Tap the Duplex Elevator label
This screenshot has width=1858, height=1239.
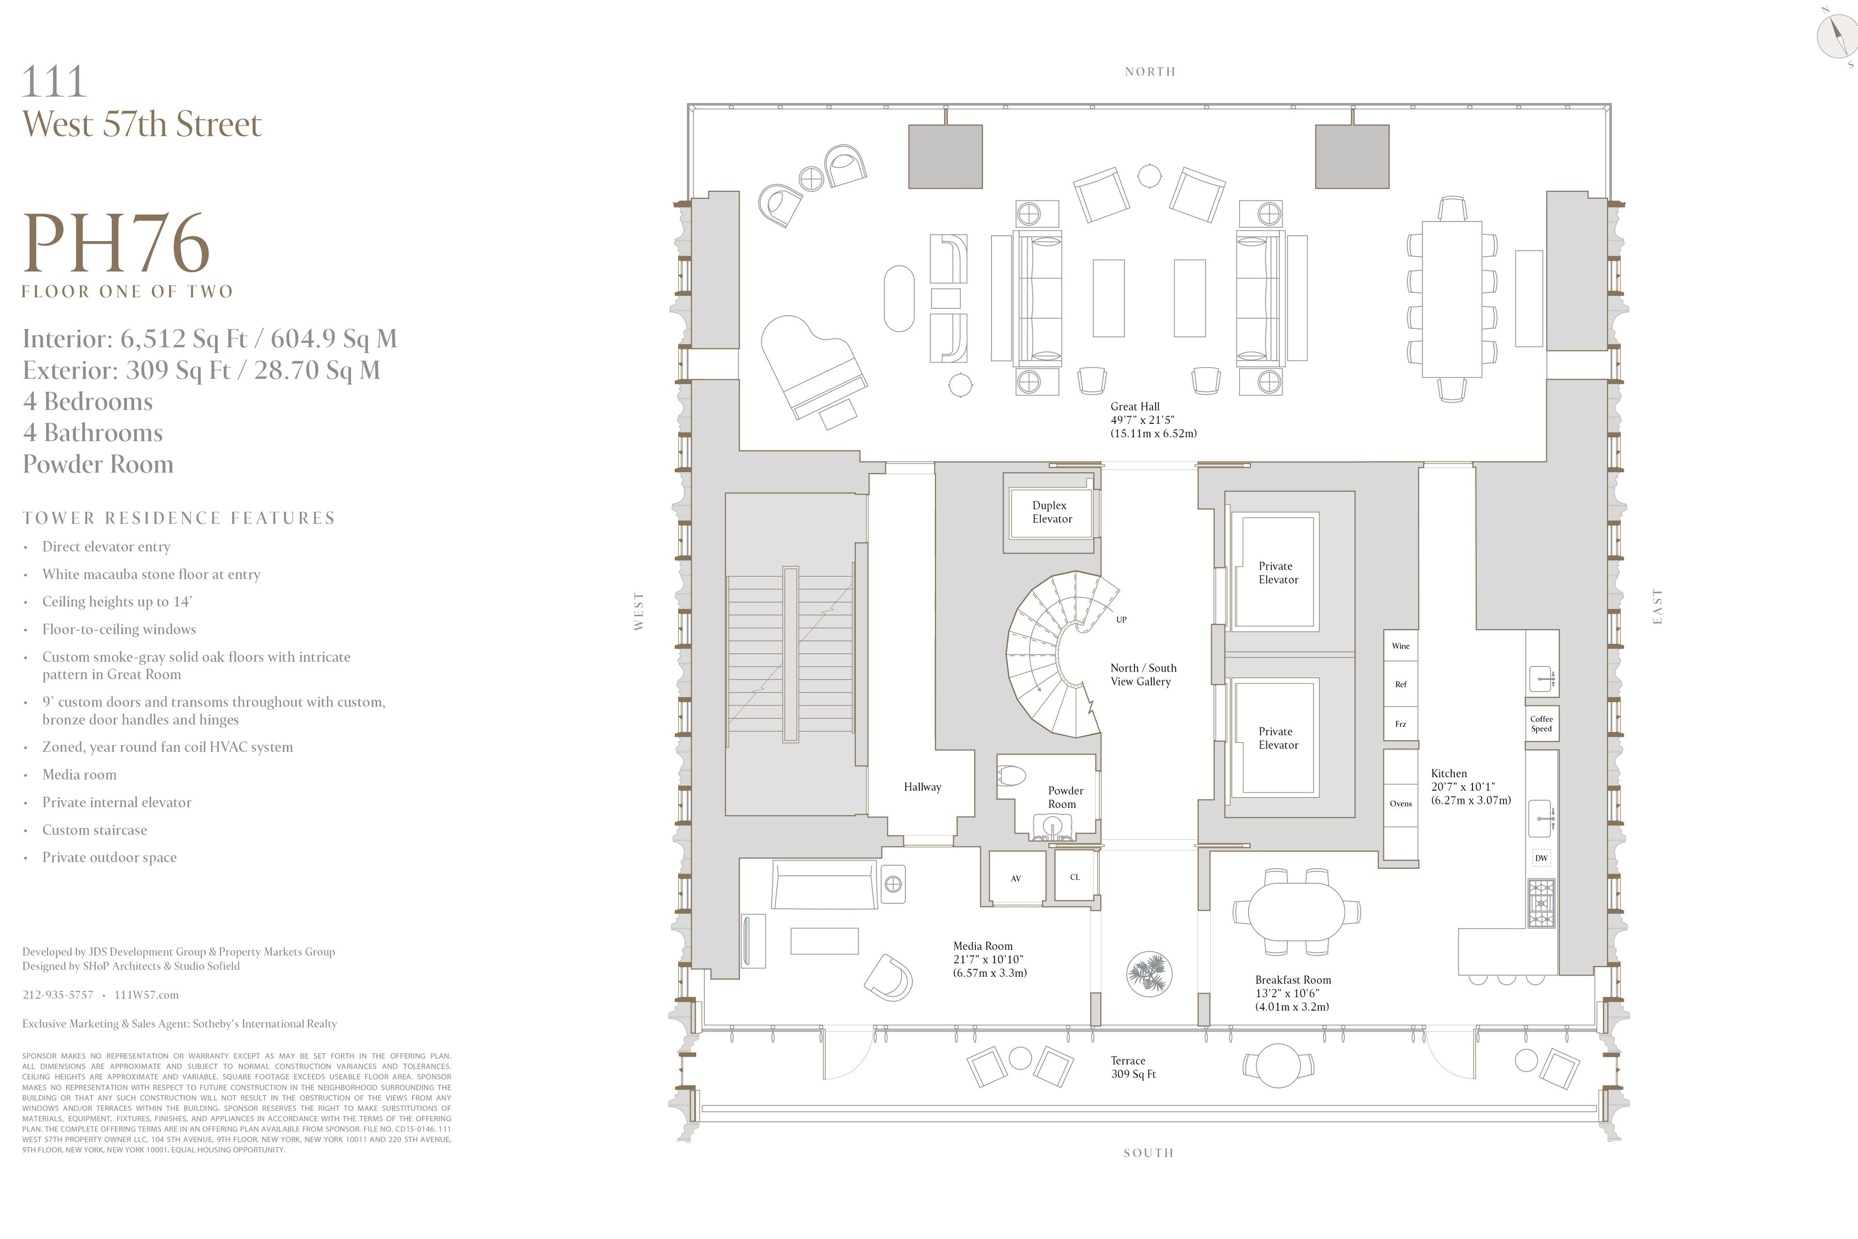pyautogui.click(x=1051, y=512)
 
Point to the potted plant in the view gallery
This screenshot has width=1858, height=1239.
pyautogui.click(x=1149, y=973)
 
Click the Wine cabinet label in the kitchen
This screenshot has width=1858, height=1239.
pyautogui.click(x=1400, y=646)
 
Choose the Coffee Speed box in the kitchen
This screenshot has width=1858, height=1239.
pyautogui.click(x=1541, y=724)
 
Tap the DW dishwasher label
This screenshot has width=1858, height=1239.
pyautogui.click(x=1541, y=858)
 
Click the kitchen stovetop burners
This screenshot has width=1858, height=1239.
pyautogui.click(x=1541, y=903)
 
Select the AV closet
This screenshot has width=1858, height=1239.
pyautogui.click(x=1016, y=879)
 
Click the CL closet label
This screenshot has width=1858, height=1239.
pyautogui.click(x=1075, y=877)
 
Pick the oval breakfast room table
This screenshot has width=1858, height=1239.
pyautogui.click(x=1295, y=911)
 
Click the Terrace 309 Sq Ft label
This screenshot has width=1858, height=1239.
pyautogui.click(x=1133, y=1068)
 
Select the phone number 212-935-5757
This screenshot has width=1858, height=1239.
pyautogui.click(x=58, y=995)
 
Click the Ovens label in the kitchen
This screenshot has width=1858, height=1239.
pyautogui.click(x=1400, y=804)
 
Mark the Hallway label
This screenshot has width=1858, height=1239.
pyautogui.click(x=922, y=787)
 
